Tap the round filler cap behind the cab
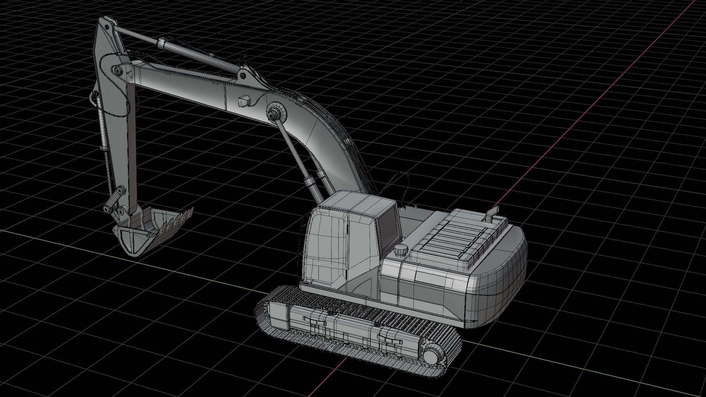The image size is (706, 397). [x=400, y=250]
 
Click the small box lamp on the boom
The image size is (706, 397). [x=244, y=101]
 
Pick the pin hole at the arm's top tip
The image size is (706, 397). [x=107, y=27]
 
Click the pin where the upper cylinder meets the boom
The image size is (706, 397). [x=243, y=75]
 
